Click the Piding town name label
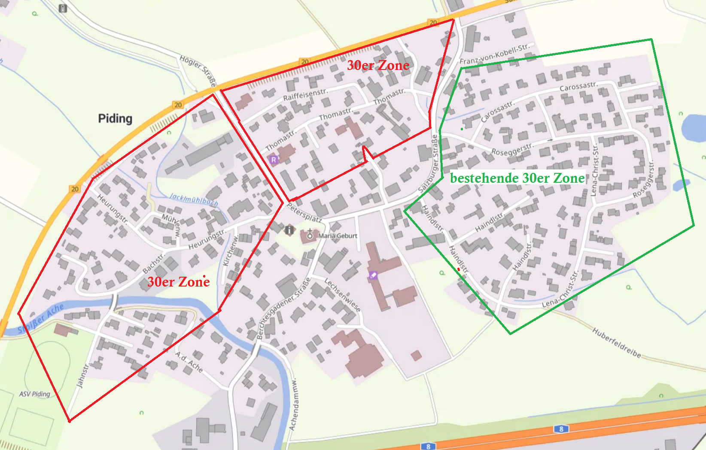(x=115, y=118)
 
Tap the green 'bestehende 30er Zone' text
(x=517, y=178)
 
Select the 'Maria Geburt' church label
(x=338, y=236)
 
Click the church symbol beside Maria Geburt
(x=310, y=235)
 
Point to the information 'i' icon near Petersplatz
(x=290, y=230)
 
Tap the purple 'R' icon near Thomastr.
(x=274, y=160)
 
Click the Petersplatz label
(x=304, y=213)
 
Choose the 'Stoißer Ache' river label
(x=41, y=318)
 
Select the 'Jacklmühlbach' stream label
(x=194, y=199)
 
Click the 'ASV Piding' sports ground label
(x=35, y=394)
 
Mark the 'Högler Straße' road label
(x=198, y=70)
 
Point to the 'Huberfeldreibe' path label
(x=617, y=343)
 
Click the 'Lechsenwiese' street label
(x=342, y=295)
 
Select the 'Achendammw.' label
(x=293, y=405)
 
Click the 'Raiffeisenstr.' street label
(x=305, y=95)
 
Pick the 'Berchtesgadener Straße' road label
(x=283, y=309)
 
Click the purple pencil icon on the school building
(x=373, y=275)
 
